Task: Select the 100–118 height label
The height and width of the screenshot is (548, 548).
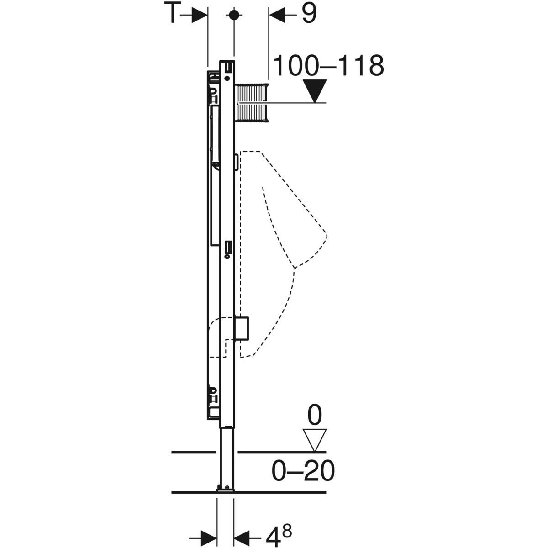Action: tap(328, 66)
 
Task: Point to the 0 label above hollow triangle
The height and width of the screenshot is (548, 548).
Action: tap(315, 416)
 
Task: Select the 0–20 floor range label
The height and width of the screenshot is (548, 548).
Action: tap(303, 471)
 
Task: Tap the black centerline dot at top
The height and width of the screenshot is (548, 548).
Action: tap(234, 15)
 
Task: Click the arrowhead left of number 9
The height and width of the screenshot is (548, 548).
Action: tap(277, 15)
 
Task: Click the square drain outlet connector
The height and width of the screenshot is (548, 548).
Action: tap(242, 327)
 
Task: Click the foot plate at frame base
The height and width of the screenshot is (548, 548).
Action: tap(226, 489)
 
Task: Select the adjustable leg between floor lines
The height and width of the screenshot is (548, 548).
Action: tap(227, 457)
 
